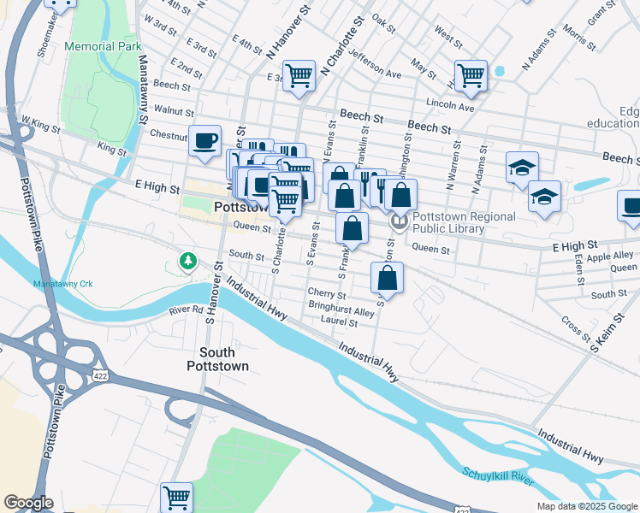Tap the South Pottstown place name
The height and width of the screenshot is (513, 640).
[x=224, y=359]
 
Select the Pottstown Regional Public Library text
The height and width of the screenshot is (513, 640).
[x=465, y=222]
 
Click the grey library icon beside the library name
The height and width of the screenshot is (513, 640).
[x=399, y=222]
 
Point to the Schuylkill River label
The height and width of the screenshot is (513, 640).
[x=498, y=475]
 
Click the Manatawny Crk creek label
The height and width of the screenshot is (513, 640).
[x=62, y=283]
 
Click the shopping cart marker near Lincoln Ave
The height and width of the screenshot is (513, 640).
[x=471, y=75]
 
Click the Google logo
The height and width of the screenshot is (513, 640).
[x=28, y=503]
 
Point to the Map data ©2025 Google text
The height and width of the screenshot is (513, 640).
[x=586, y=506]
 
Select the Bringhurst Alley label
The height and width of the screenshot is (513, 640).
[x=341, y=311]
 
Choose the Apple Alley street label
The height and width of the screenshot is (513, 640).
[x=610, y=255]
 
